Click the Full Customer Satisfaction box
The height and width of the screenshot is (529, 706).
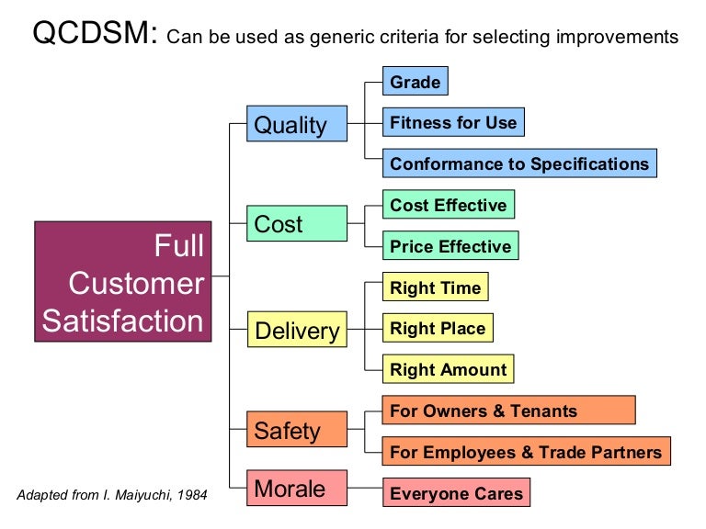point(122,282)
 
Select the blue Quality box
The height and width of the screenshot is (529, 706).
point(297,123)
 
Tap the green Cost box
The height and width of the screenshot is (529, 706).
point(297,224)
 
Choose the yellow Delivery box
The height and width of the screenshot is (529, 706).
point(297,330)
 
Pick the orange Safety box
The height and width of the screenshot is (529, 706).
point(297,430)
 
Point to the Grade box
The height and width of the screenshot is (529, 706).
point(416,83)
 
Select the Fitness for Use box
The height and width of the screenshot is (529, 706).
point(453,123)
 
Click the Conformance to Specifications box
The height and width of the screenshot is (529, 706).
point(519,164)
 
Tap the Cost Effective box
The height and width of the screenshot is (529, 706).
point(448,206)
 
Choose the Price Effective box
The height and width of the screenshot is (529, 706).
point(450,246)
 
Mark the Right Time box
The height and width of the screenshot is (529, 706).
point(435,287)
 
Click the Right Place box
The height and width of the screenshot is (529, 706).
point(438,329)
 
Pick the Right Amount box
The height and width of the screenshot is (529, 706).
point(448,370)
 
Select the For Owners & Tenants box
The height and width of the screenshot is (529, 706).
point(508,411)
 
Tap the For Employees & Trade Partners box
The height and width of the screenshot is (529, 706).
point(526,452)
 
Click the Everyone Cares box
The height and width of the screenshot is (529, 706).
point(456,493)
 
